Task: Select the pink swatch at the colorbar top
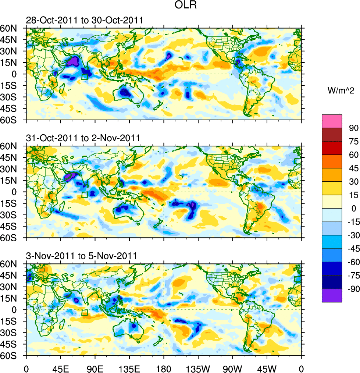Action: coord(332,121)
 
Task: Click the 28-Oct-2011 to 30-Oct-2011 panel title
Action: coord(84,20)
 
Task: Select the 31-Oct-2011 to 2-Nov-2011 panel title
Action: coord(83,138)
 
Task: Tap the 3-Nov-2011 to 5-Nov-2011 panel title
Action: coord(81,256)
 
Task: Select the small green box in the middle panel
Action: coord(85,195)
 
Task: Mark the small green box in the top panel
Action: coord(85,77)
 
